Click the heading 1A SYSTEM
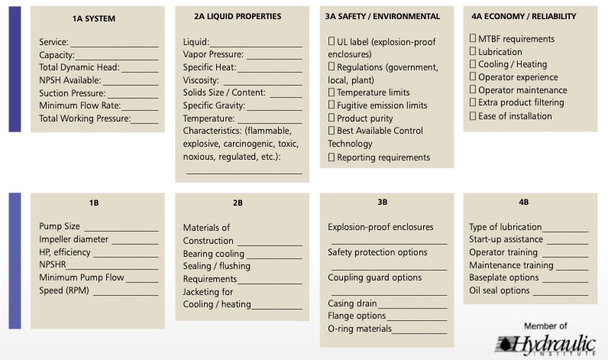click(93, 18)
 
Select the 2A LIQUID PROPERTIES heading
click(238, 16)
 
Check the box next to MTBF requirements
click(473, 39)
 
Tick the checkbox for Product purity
click(331, 118)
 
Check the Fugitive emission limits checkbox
click(331, 105)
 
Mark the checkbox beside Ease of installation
click(473, 116)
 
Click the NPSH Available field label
click(70, 80)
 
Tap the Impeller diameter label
click(74, 239)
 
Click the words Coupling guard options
click(374, 277)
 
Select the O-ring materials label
click(360, 329)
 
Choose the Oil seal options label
click(500, 290)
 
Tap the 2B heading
click(238, 203)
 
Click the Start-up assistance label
click(506, 239)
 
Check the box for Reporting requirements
click(331, 157)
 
